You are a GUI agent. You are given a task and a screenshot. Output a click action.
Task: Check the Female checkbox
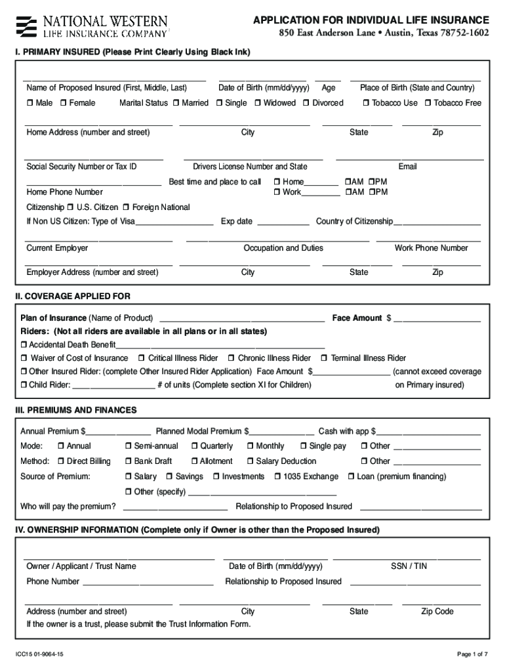tap(64, 103)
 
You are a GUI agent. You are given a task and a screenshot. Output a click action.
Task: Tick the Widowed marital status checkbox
tap(258, 103)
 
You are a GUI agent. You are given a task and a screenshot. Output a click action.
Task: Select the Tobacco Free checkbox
tap(428, 103)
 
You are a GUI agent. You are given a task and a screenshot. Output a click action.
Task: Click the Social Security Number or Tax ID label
tap(81, 167)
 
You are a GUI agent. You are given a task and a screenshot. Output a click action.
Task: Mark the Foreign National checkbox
tap(126, 207)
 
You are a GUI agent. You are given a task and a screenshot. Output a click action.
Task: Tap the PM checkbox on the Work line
tap(371, 192)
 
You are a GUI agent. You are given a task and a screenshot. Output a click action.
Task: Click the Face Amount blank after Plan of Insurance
tap(437, 318)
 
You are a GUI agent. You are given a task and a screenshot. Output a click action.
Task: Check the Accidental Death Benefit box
tap(24, 345)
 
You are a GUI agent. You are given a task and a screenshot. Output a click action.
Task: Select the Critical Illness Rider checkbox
tap(142, 358)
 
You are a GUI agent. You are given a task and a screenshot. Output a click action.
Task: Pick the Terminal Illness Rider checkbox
tap(324, 358)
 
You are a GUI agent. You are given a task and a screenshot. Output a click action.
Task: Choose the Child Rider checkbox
tap(24, 385)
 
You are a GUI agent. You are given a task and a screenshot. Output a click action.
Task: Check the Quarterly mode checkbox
tap(194, 446)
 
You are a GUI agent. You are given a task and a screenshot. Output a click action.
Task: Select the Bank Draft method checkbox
tap(128, 461)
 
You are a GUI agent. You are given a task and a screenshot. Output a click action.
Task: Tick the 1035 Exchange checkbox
tap(277, 476)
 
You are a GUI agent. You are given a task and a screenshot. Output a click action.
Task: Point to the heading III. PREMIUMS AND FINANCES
tap(76, 410)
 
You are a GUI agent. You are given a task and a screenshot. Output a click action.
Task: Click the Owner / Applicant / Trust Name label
tap(81, 566)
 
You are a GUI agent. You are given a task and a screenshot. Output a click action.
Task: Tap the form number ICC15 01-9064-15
tap(40, 654)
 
